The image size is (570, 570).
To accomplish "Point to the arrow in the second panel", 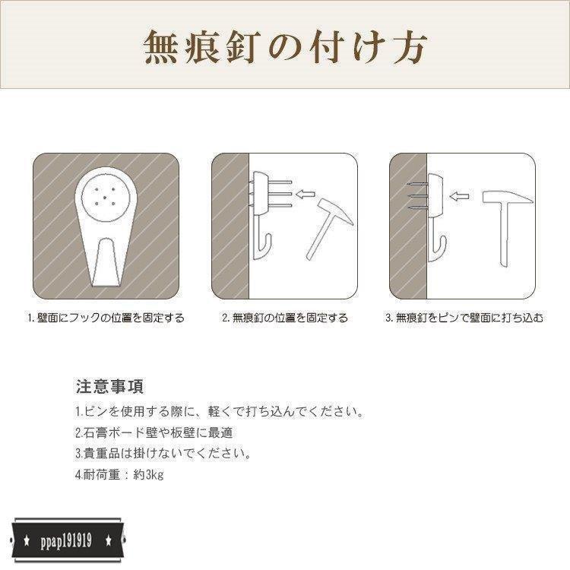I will coord(306,195).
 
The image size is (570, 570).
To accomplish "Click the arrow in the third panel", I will coord(458,196).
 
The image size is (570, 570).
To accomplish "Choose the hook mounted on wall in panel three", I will coord(436,213).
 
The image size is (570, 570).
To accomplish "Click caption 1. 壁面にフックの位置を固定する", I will coord(106,318).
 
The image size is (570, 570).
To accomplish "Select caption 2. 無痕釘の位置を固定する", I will coord(285,318).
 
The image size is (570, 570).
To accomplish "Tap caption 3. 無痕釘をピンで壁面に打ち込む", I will coord(464,318).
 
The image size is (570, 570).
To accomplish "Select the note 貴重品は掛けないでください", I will coord(163,454).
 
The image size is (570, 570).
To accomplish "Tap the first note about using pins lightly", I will coord(220,412).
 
